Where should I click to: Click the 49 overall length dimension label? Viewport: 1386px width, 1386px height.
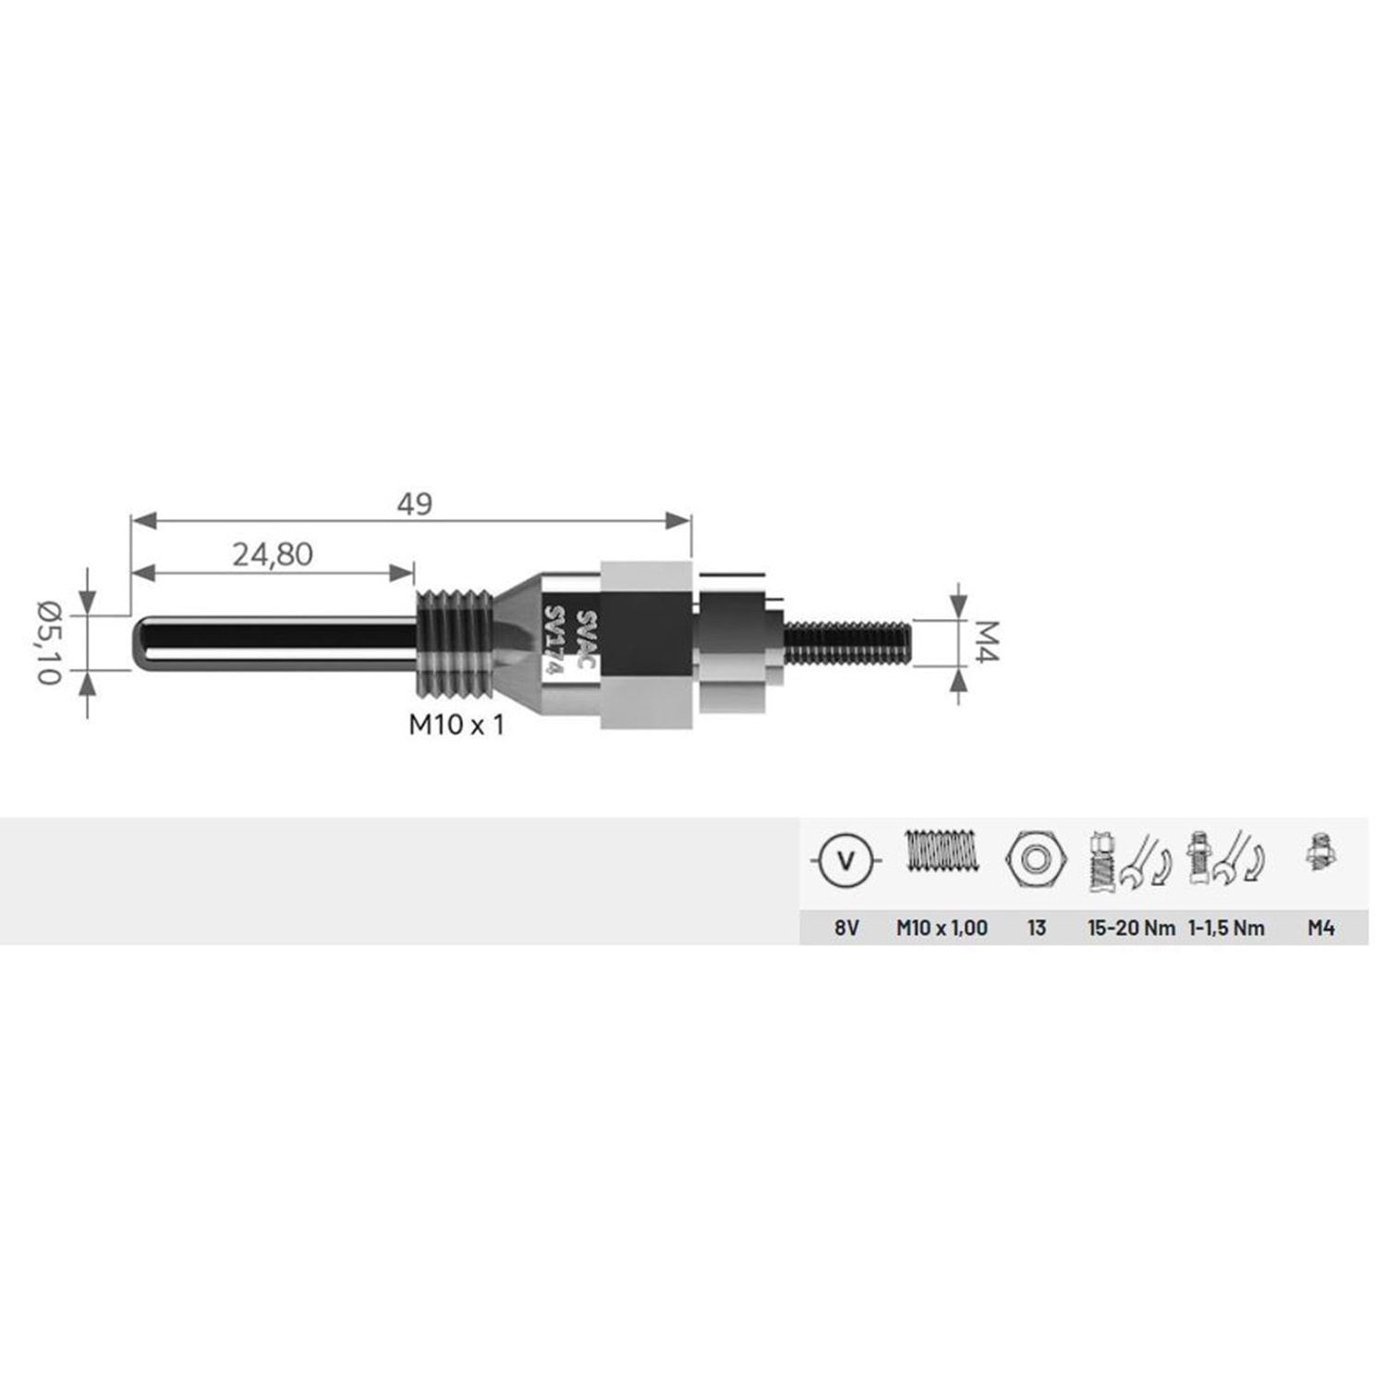click(x=415, y=504)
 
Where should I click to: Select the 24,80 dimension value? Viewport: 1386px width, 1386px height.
click(x=273, y=554)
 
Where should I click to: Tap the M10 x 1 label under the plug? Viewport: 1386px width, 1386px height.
click(x=456, y=725)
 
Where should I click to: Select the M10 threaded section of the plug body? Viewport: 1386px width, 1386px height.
click(x=454, y=644)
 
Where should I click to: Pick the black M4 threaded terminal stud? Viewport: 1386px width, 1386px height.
click(x=847, y=643)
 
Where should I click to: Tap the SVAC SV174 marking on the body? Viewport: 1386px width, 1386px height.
click(x=571, y=644)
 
